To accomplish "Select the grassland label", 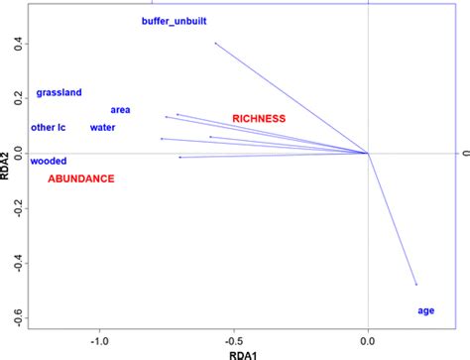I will pyautogui.click(x=59, y=93).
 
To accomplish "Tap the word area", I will pyautogui.click(x=121, y=110).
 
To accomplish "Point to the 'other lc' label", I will pyautogui.click(x=48, y=127).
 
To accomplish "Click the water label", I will pyautogui.click(x=102, y=127).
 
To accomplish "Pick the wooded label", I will pyautogui.click(x=49, y=161).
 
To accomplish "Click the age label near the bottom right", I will pyautogui.click(x=425, y=310).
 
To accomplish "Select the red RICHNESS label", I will pyautogui.click(x=259, y=119).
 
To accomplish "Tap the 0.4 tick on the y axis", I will pyautogui.click(x=17, y=44).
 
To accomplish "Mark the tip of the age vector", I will pyautogui.click(x=415, y=285).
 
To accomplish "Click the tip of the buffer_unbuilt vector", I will pyautogui.click(x=215, y=43).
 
